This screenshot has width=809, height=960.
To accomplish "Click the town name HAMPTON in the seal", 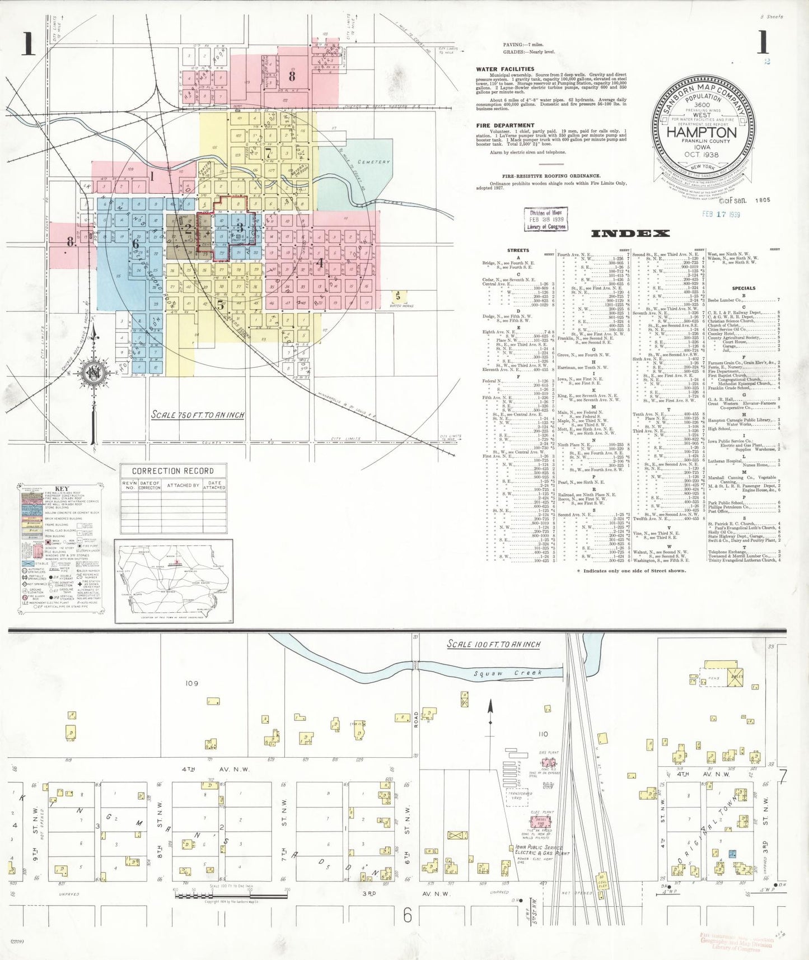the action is [702, 133].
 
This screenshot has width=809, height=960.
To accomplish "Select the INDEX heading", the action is [630, 234].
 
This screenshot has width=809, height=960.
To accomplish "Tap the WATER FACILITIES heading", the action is [505, 69].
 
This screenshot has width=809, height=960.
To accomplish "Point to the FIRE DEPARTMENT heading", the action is [505, 125].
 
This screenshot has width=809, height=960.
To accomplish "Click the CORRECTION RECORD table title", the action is [172, 471].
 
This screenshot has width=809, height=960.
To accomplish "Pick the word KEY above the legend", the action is [62, 488].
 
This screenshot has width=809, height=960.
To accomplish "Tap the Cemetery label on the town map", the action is [373, 162].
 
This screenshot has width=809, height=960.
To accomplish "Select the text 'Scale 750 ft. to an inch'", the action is [198, 415].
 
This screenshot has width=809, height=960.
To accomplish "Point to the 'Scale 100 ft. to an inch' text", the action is [493, 644].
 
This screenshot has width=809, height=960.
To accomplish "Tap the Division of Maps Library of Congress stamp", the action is [545, 220].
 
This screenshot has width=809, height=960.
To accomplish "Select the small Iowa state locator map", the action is [174, 581].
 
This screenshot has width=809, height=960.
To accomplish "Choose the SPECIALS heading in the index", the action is [743, 288].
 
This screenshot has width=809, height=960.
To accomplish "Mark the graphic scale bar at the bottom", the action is [231, 896].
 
